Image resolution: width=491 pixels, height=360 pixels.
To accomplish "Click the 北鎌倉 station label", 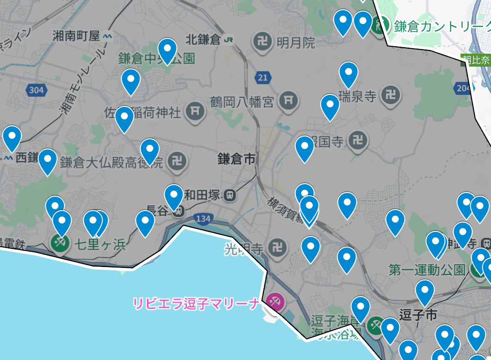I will (203, 40).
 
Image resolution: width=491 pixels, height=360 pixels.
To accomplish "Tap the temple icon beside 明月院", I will (262, 43).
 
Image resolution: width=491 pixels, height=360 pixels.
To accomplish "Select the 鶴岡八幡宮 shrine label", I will (242, 101).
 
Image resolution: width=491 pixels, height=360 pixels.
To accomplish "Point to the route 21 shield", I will (263, 78).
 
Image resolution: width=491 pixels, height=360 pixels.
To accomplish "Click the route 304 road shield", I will (36, 90).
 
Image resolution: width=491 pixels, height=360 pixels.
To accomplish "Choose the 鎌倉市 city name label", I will (237, 160).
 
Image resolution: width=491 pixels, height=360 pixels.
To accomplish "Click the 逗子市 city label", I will (419, 315).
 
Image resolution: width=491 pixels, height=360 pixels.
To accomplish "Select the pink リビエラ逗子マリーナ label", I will (196, 304).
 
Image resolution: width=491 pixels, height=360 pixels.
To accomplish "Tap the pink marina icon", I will (276, 302).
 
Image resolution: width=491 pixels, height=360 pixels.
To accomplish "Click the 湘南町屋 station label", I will (76, 36).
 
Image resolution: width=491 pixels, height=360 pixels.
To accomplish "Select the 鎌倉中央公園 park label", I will (156, 59).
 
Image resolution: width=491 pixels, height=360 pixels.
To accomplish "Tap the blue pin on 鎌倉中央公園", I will (167, 48).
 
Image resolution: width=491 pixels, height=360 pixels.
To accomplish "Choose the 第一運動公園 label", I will (426, 270).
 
